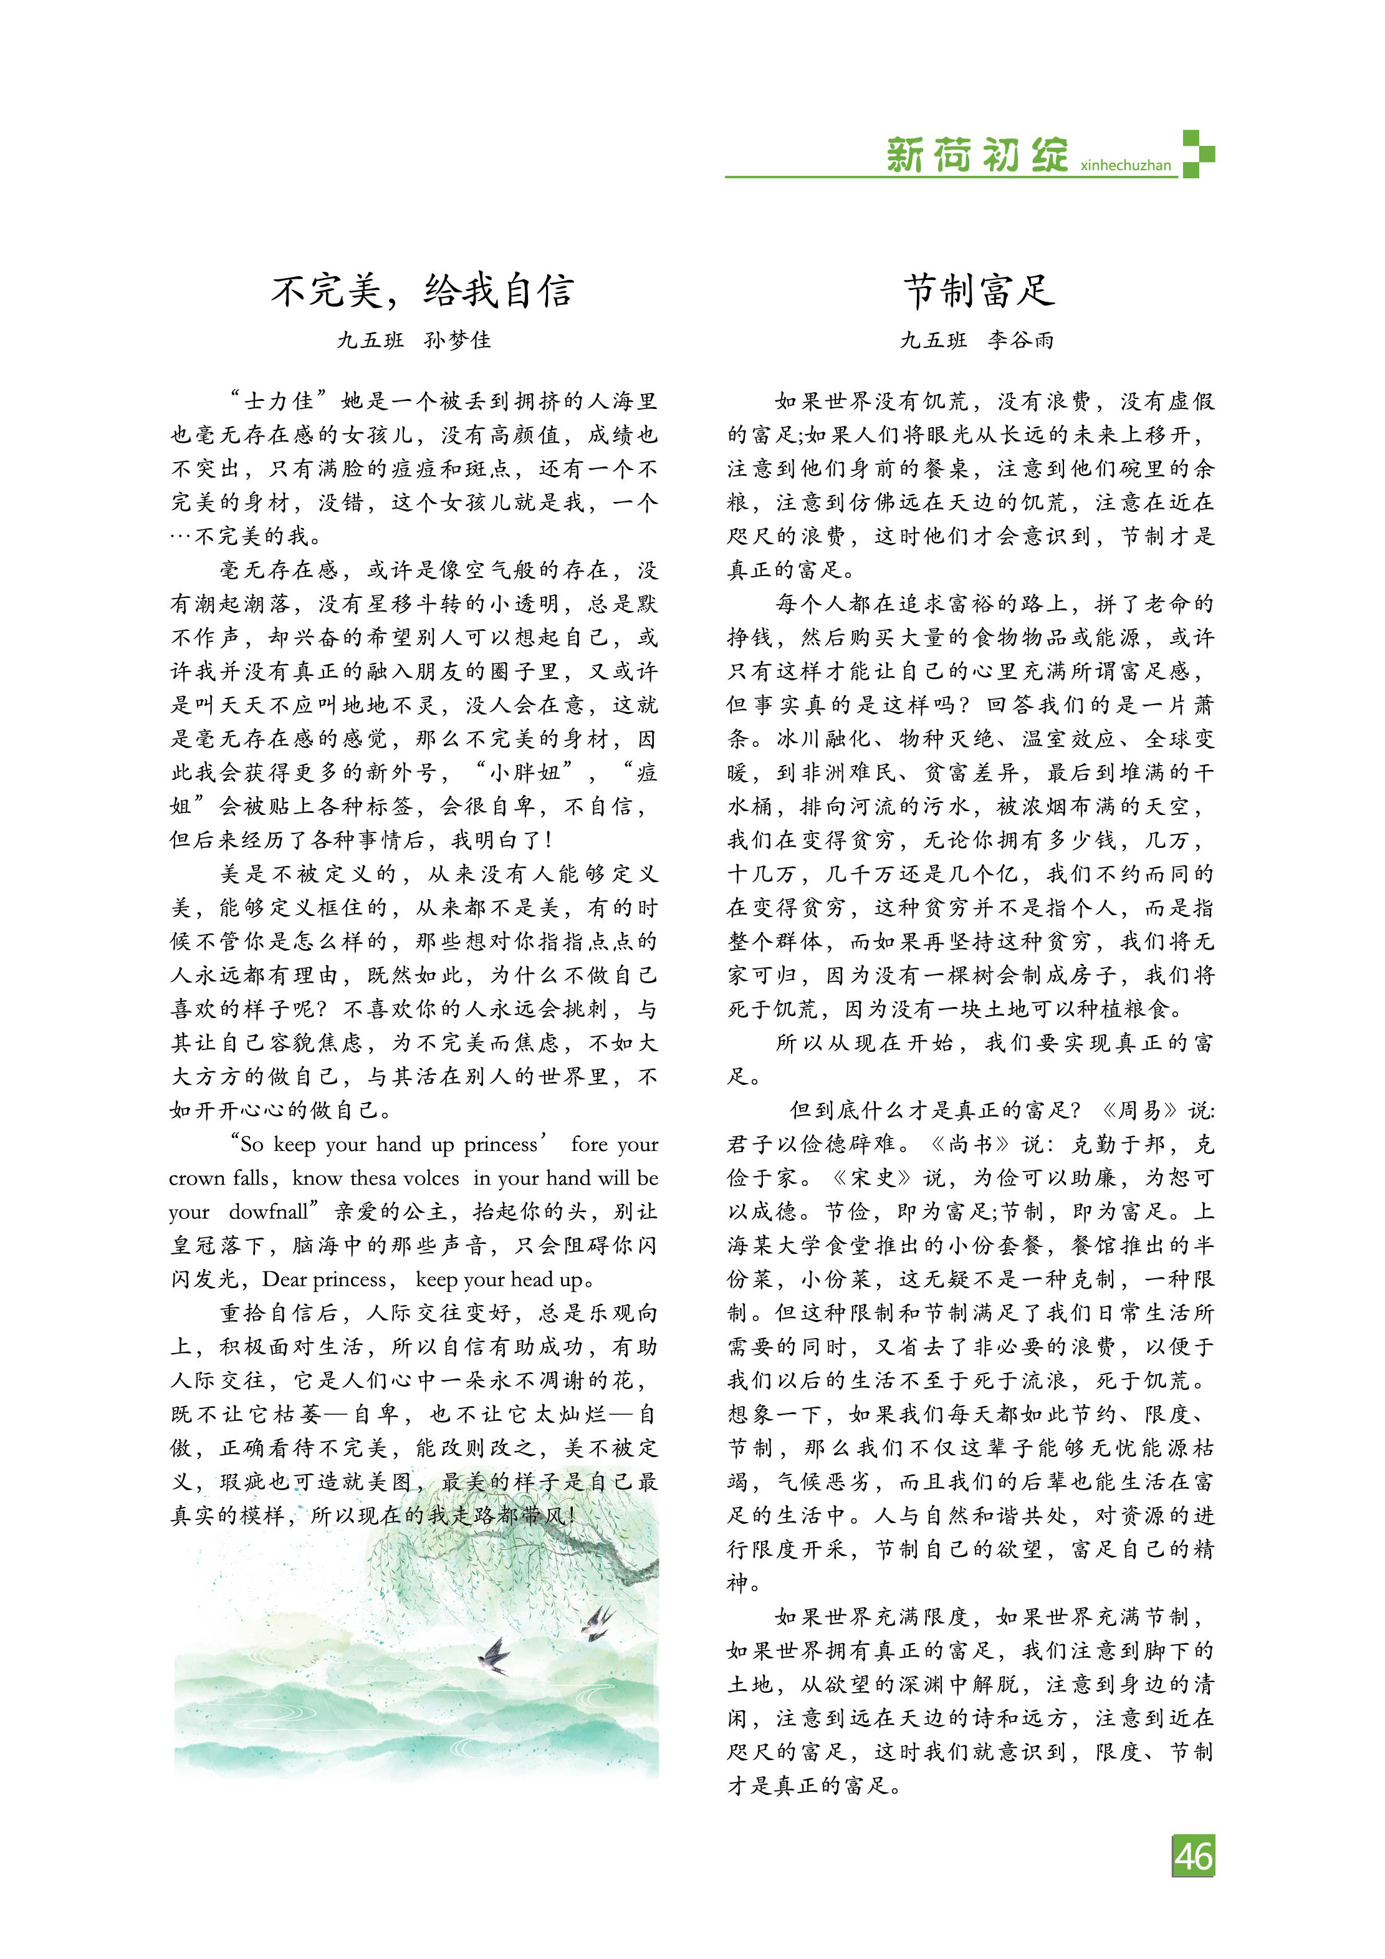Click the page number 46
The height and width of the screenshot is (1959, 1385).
(x=1192, y=1856)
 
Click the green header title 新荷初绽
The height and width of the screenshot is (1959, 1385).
(x=977, y=155)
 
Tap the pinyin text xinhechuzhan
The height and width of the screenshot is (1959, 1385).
(x=1125, y=165)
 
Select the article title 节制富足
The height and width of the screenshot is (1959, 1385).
(x=979, y=291)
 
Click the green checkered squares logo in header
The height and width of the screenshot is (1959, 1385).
(x=1197, y=153)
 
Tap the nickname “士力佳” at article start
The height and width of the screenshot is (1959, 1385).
(x=279, y=401)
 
